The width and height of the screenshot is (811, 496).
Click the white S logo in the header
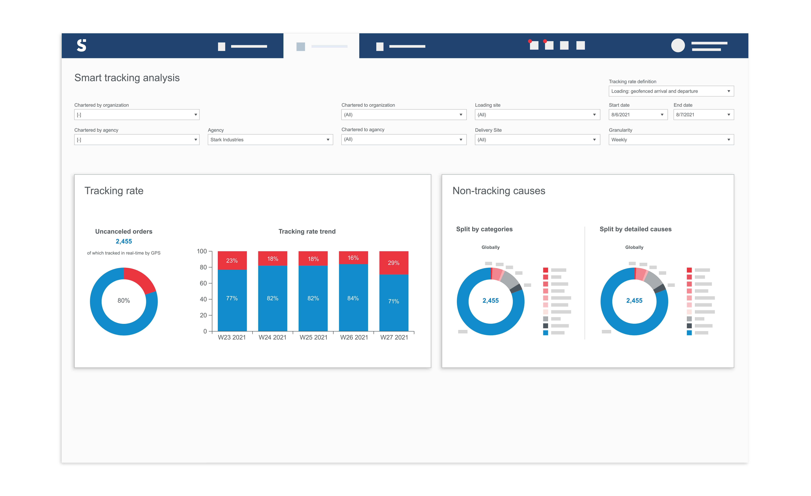(x=81, y=45)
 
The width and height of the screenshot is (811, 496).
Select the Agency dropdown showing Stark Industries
(x=270, y=140)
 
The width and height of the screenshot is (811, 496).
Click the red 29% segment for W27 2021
(x=394, y=263)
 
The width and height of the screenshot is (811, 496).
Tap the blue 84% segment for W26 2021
(x=353, y=298)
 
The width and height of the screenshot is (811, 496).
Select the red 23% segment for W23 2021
(x=232, y=260)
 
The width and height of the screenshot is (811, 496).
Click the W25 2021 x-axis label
(x=313, y=337)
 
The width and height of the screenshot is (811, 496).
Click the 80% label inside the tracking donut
(x=124, y=300)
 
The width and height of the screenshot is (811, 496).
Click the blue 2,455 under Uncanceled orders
(x=124, y=241)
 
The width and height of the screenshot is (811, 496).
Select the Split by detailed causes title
(x=635, y=229)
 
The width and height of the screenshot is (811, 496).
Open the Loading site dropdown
(x=537, y=115)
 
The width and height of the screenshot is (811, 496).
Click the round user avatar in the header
(x=678, y=45)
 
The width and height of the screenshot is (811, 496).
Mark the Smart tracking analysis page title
(x=127, y=78)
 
